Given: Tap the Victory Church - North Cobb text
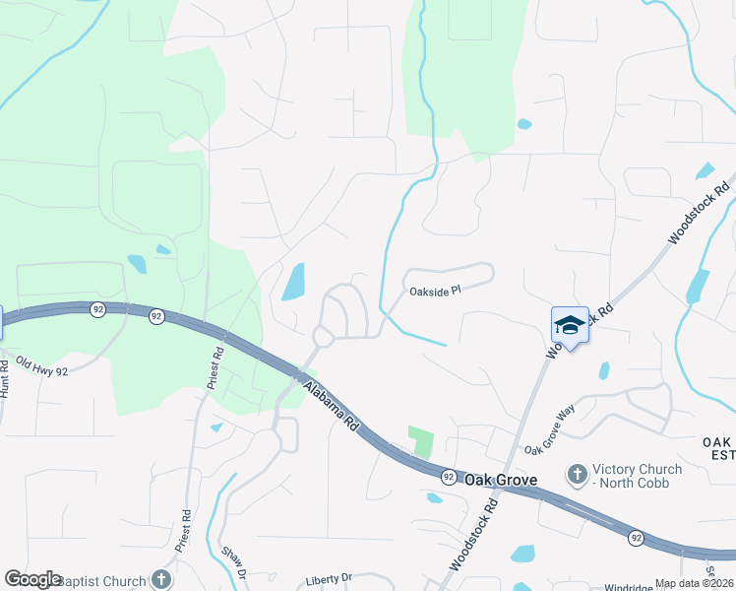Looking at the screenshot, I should [632, 476].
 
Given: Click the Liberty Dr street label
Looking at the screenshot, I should [328, 578].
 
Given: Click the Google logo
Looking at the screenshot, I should [32, 579].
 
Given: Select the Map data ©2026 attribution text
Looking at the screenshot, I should [694, 583].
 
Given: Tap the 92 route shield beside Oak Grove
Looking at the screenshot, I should [448, 476].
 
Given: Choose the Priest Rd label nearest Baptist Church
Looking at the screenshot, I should [185, 532].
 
